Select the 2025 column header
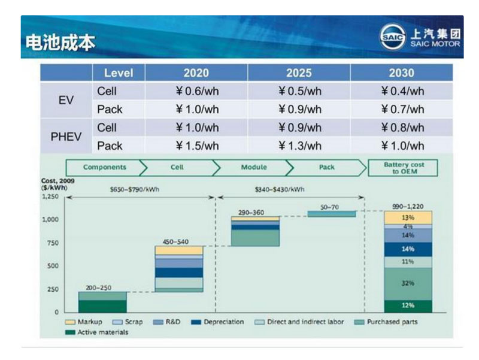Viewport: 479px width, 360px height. pos(299,73)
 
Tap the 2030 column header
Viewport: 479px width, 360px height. pos(401,73)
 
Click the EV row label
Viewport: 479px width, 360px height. pos(66,101)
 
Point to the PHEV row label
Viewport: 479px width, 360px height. pos(66,137)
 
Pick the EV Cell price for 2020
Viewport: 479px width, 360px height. pos(196,91)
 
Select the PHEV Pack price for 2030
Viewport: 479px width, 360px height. pos(402,146)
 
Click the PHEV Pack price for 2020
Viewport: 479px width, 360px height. pos(196,146)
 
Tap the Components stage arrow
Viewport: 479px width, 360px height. pos(105,167)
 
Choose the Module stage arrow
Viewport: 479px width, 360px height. pos(253,167)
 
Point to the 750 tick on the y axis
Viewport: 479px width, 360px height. pos(51,243)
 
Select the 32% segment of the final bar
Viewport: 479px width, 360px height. pos(408,283)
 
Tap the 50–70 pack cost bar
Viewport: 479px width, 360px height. pos(332,214)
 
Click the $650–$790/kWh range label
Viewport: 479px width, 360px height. pos(135,189)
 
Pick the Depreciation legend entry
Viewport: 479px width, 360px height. pos(219,322)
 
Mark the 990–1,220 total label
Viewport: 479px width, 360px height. pos(408,206)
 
